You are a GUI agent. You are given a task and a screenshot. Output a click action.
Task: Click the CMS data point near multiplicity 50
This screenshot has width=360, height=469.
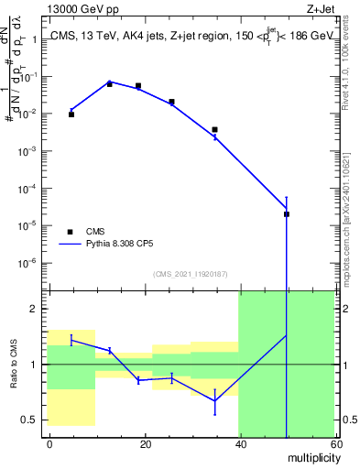coord(287,214)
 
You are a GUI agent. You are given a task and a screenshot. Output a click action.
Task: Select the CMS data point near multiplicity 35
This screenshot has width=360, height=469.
coord(214,130)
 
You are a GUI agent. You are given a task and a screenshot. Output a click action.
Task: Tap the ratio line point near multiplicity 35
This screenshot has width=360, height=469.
coord(214,400)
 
